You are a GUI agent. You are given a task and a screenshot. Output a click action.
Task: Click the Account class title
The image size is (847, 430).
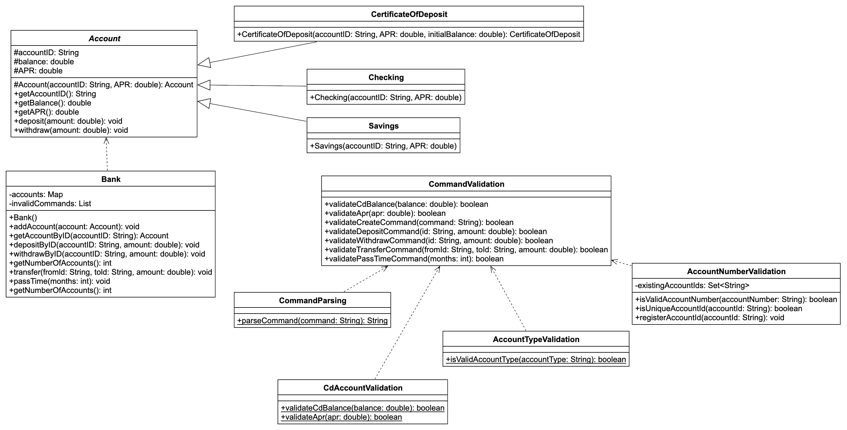pyautogui.click(x=104, y=39)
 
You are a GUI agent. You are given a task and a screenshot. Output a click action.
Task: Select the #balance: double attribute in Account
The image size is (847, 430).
pyautogui.click(x=44, y=62)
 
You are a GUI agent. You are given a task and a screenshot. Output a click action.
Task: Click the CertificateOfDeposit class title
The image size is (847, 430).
pyautogui.click(x=409, y=15)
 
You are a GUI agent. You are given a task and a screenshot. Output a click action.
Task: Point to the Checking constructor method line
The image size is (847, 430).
pyautogui.click(x=385, y=98)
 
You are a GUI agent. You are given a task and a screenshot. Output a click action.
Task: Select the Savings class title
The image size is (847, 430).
pyautogui.click(x=383, y=126)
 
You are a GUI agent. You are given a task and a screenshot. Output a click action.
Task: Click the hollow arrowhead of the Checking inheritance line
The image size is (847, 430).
pyautogui.click(x=204, y=85)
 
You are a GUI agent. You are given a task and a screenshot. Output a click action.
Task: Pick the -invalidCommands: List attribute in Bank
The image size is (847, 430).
pyautogui.click(x=50, y=203)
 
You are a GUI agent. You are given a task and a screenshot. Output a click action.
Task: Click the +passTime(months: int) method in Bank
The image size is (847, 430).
pyautogui.click(x=59, y=281)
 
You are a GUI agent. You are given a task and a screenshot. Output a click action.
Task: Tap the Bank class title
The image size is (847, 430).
pyautogui.click(x=111, y=179)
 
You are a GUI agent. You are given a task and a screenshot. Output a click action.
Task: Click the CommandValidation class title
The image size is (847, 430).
pyautogui.click(x=466, y=184)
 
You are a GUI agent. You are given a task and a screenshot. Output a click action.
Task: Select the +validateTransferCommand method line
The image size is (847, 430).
pyautogui.click(x=466, y=250)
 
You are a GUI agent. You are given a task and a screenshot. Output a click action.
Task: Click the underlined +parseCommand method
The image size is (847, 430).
pyautogui.click(x=312, y=321)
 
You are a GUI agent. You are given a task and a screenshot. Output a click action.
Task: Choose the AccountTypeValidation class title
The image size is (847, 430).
pyautogui.click(x=536, y=339)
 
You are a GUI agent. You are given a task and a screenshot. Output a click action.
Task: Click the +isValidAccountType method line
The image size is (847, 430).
pyautogui.click(x=536, y=359)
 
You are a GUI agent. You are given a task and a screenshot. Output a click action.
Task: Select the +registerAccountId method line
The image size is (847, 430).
pyautogui.click(x=709, y=318)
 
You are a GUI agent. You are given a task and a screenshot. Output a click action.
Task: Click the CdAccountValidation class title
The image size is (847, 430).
pyautogui.click(x=363, y=388)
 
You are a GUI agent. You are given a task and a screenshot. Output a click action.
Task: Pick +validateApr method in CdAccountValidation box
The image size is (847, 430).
pyautogui.click(x=341, y=417)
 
